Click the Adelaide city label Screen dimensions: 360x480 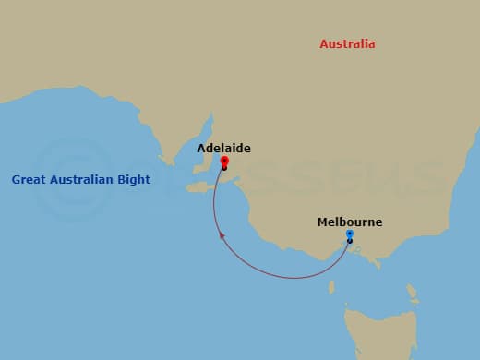223,148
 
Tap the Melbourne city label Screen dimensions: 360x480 349,222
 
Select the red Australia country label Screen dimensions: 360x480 347,44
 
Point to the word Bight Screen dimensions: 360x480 133,180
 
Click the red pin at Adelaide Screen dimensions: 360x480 224,162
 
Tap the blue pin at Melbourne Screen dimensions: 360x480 349,234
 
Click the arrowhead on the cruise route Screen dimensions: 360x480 221,236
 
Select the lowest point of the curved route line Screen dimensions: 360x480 294,278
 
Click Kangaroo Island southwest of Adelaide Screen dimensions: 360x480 199,186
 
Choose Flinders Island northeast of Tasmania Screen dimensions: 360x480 409,293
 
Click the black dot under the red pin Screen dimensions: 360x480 224,168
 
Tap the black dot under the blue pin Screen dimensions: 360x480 349,241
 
